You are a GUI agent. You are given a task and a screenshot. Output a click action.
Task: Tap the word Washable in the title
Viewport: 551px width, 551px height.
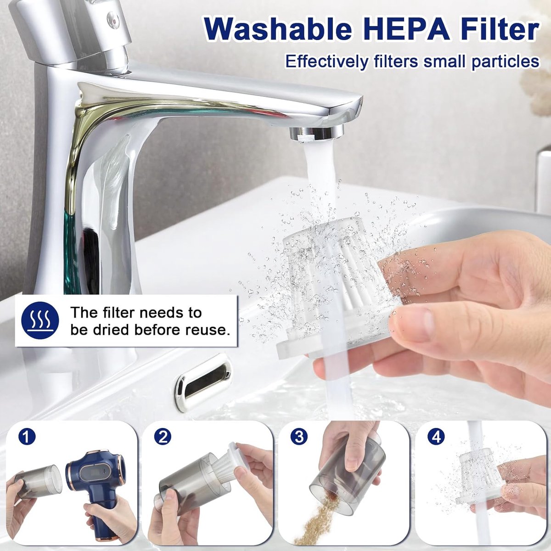click(x=277, y=29)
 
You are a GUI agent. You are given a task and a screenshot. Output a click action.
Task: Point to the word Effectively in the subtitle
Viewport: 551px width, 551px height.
click(x=326, y=61)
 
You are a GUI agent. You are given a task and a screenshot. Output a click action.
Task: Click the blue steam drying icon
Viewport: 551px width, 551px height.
click(x=40, y=320)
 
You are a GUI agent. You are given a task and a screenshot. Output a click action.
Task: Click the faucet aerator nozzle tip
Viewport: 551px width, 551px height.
click(x=316, y=133)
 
